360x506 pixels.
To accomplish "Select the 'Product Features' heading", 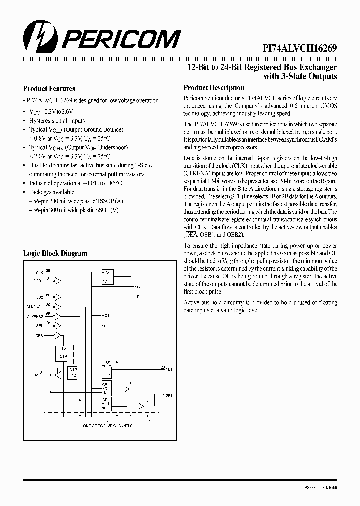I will pyautogui.click(x=49, y=89).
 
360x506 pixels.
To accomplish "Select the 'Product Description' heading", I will pyautogui.click(x=214, y=88).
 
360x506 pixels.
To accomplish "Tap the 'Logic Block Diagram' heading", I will pyautogui.click(x=55, y=253).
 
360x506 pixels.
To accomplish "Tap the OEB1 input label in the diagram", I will pyautogui.click(x=39, y=281).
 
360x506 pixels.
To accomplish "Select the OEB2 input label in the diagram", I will pyautogui.click(x=39, y=297).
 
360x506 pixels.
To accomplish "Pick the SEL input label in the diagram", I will pyautogui.click(x=39, y=326).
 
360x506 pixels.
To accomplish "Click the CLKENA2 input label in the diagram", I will pyautogui.click(x=36, y=317).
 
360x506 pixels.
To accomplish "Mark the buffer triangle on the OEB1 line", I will pyautogui.click(x=58, y=281).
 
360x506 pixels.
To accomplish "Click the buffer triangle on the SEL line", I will pyautogui.click(x=58, y=326).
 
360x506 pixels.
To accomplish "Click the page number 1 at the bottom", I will pyautogui.click(x=179, y=490).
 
